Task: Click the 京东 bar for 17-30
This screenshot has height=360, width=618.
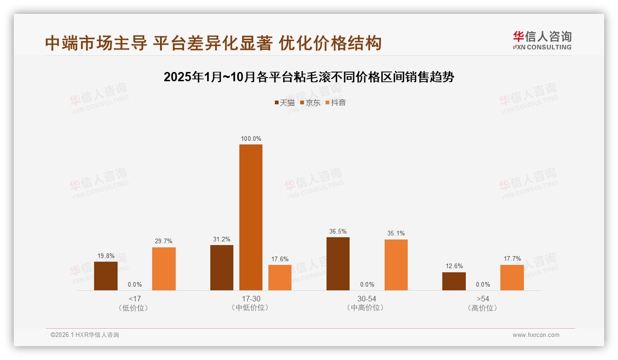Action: tap(250, 217)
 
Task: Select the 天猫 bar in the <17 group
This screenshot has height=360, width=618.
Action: tap(106, 276)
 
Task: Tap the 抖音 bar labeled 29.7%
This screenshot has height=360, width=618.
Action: tap(164, 269)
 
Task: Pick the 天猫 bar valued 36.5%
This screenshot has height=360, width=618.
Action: tap(338, 264)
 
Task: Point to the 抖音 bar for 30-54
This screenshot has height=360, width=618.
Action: tap(396, 265)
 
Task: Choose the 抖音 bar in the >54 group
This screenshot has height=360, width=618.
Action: tap(512, 277)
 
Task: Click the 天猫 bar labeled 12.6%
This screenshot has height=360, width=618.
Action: tap(454, 281)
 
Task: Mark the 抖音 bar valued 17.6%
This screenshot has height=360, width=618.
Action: tap(280, 277)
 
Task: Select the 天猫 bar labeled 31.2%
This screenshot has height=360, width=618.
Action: tap(222, 268)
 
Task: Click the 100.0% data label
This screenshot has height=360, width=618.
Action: tap(251, 138)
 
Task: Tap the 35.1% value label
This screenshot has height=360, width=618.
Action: tap(396, 234)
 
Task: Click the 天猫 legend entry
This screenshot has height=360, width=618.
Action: tap(284, 102)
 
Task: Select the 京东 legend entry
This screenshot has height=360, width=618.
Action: tap(310, 102)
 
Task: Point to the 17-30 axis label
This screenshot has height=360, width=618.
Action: tap(250, 299)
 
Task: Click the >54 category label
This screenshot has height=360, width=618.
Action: tap(483, 299)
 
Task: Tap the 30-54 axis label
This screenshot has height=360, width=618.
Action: tap(367, 299)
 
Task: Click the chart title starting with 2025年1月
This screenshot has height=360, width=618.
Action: tap(309, 77)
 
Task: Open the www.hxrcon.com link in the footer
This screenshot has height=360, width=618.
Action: tap(536, 335)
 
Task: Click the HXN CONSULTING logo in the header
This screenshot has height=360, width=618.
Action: tap(542, 41)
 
